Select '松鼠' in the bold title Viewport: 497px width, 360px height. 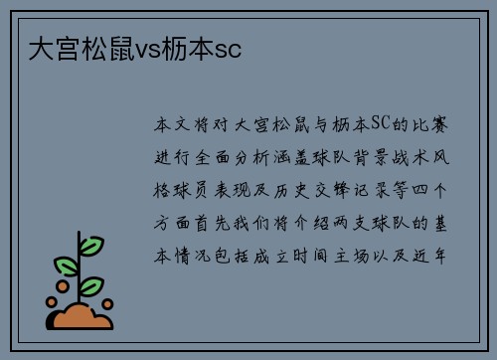tap(101, 47)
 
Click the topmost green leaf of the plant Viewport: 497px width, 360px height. tap(90, 246)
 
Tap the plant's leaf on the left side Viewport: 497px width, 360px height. tap(67, 267)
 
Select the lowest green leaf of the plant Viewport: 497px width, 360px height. tap(91, 285)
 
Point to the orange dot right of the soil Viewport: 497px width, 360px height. tap(108, 303)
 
